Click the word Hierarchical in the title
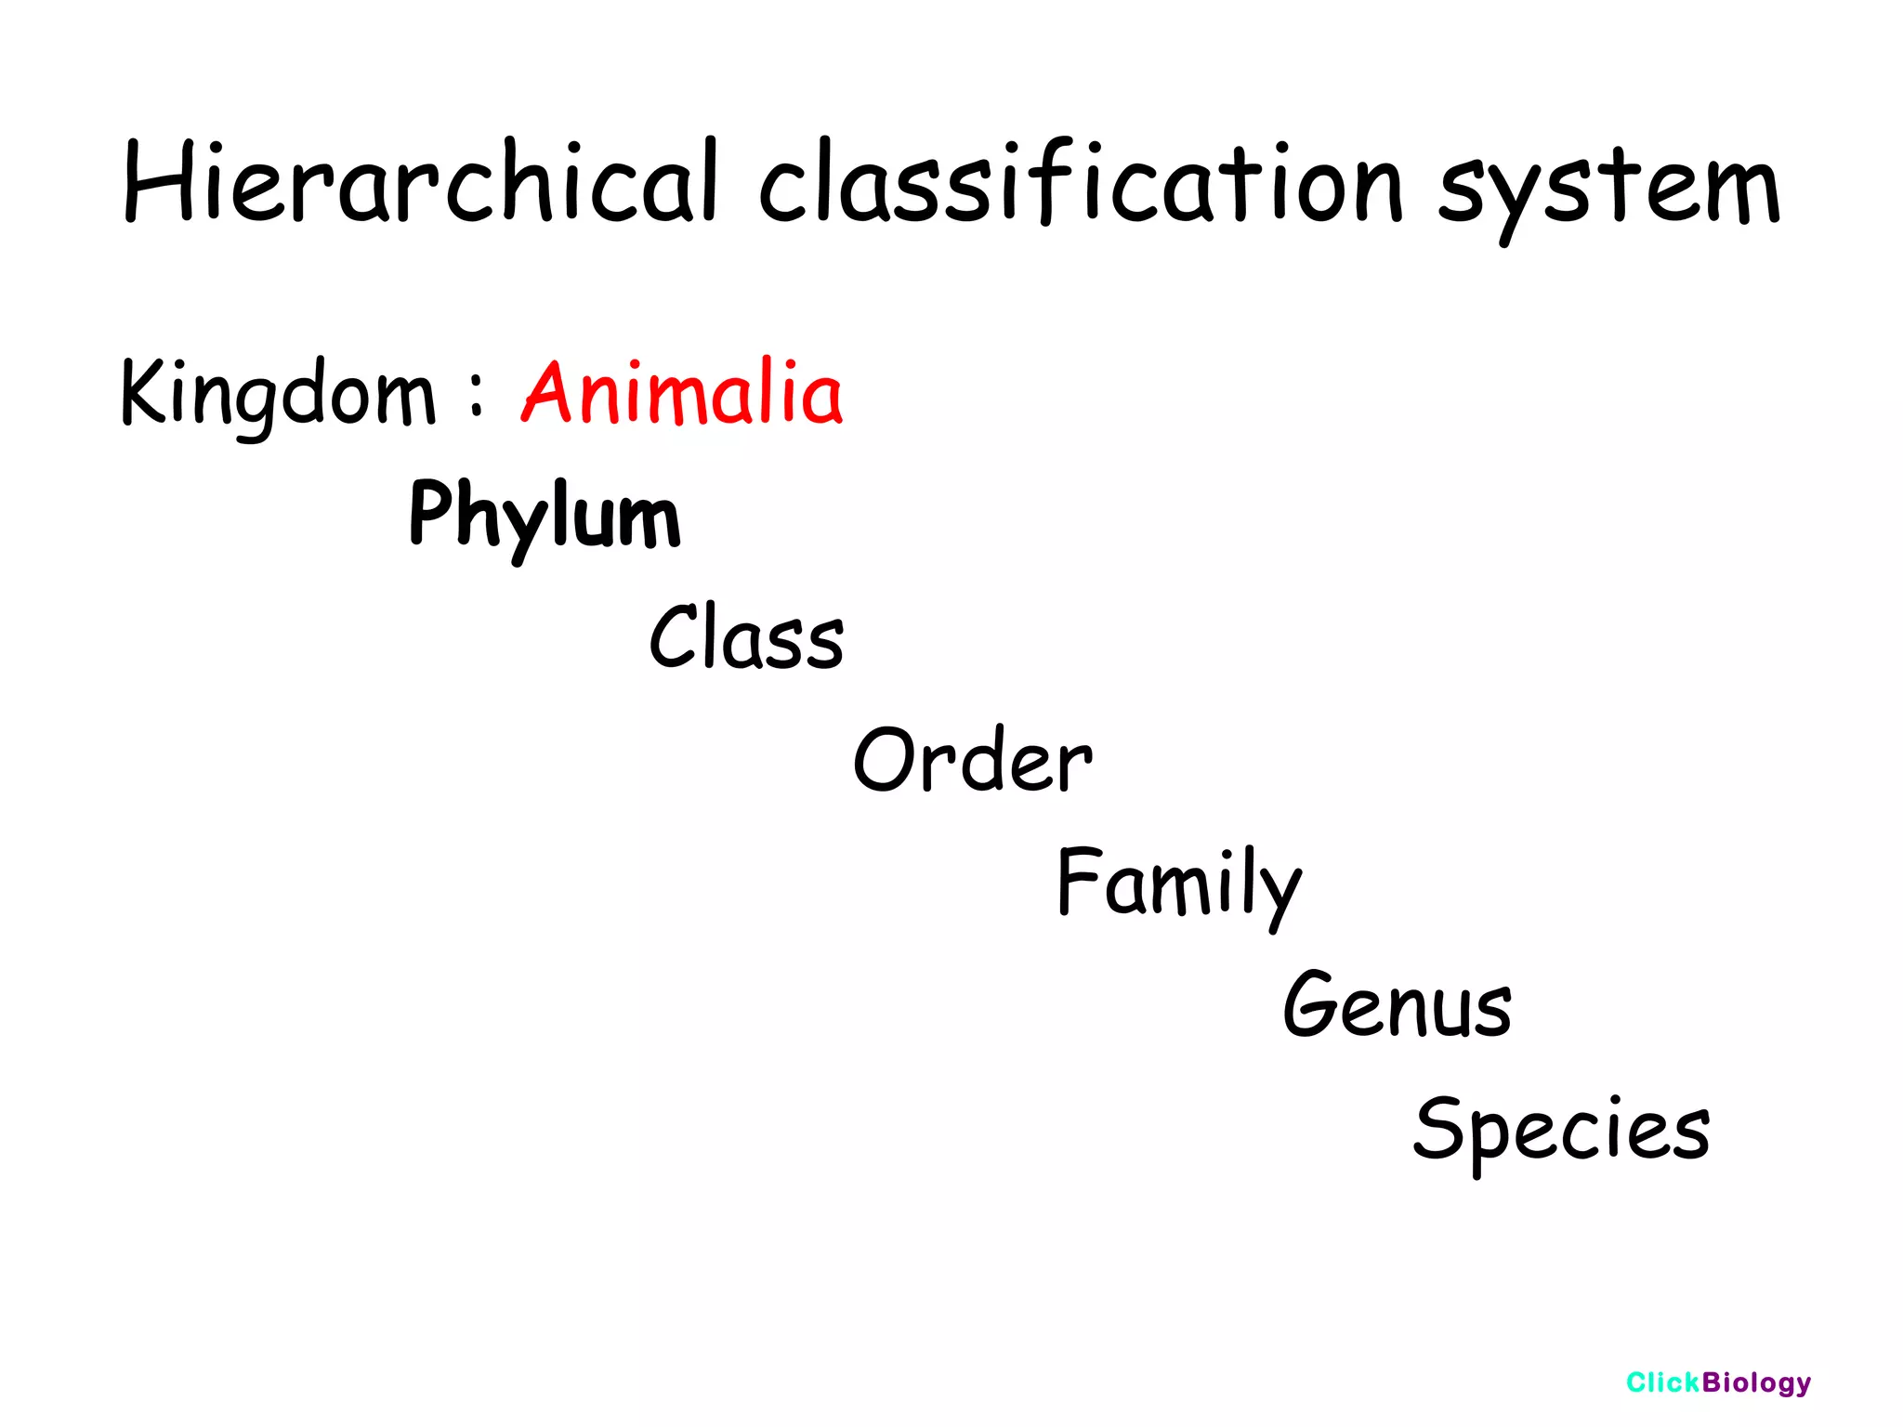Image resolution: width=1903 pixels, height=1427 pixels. coord(420,184)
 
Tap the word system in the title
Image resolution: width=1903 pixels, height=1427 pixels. coord(1608,190)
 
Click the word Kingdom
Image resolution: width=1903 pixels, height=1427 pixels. coord(277,395)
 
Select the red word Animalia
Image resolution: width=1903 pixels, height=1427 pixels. coord(682,393)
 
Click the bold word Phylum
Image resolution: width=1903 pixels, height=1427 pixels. coord(545,516)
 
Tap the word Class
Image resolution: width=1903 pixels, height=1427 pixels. coord(746,637)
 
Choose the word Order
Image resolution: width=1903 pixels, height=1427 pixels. coord(972,760)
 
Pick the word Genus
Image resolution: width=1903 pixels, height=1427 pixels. coord(1397,1005)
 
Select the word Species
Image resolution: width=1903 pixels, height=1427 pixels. coord(1561,1129)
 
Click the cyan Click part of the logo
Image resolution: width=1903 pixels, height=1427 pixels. coord(1662,1382)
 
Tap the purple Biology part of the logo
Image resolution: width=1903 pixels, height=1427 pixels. coord(1756,1383)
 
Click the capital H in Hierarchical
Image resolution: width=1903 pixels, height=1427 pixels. coord(157,182)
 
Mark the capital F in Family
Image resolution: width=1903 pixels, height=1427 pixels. coord(1078,881)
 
